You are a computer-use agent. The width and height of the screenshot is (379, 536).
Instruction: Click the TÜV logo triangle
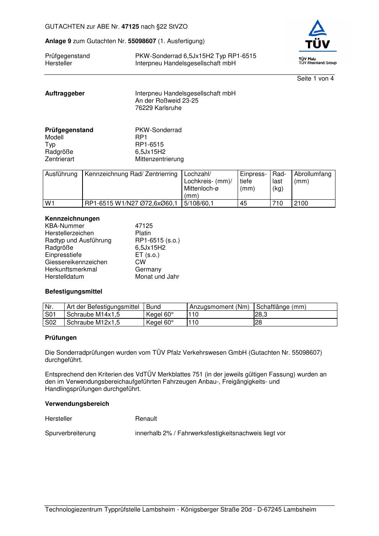click(x=317, y=29)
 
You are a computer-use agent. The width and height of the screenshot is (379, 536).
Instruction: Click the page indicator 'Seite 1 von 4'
click(x=315, y=79)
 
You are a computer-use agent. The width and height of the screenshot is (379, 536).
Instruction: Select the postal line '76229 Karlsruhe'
click(x=158, y=108)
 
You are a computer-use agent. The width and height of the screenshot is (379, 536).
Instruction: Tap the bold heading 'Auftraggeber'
click(x=65, y=94)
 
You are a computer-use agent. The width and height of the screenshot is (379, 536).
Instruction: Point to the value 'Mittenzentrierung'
click(x=159, y=159)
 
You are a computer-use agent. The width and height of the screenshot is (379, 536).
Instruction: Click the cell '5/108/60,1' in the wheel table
click(x=199, y=203)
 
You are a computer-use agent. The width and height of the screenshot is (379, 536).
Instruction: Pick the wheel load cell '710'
click(x=277, y=203)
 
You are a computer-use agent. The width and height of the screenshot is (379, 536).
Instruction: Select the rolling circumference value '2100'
click(x=301, y=203)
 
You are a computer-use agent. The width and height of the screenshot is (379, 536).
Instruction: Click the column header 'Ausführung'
click(x=61, y=174)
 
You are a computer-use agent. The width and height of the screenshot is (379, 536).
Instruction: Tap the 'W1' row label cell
click(x=50, y=203)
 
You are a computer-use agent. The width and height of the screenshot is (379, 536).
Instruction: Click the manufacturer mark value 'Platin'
click(x=143, y=233)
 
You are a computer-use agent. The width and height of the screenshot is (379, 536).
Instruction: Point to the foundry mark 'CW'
click(x=140, y=262)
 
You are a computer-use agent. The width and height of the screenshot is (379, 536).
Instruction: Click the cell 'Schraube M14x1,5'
click(x=93, y=315)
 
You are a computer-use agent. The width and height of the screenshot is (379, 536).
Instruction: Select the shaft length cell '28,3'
click(x=261, y=315)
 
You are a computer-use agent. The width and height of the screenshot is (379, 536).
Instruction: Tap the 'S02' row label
click(x=50, y=323)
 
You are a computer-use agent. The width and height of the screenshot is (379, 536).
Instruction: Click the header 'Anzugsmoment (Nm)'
click(x=219, y=307)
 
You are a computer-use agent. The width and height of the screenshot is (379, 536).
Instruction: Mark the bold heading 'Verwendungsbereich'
click(x=77, y=404)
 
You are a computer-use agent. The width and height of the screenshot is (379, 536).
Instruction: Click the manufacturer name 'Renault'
click(x=146, y=419)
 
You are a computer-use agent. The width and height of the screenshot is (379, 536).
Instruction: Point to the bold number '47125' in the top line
click(x=130, y=27)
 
